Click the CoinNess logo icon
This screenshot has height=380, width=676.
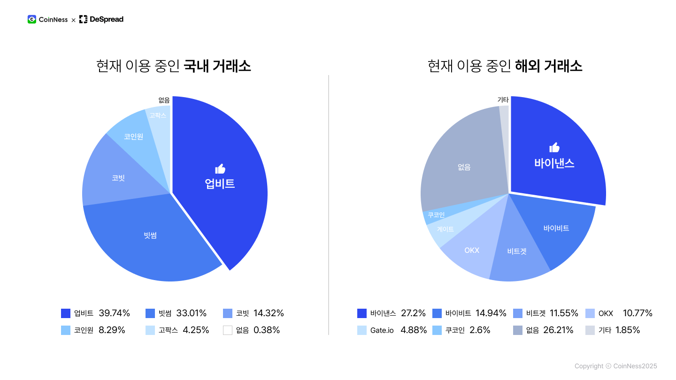32,19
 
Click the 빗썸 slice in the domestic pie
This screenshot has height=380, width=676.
150,236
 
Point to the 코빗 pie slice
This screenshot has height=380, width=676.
118,178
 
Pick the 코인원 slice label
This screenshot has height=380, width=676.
133,137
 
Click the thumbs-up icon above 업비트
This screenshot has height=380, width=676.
220,169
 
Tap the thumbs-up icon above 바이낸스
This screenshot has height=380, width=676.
554,147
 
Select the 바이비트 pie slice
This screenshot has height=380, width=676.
556,228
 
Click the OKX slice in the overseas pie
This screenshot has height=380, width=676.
472,251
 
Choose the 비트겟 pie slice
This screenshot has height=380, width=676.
517,251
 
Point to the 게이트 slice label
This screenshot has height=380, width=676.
446,229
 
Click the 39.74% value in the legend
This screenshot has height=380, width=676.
114,313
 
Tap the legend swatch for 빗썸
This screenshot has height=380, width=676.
150,313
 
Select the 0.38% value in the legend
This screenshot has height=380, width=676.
267,330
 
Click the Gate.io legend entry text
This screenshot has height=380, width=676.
382,330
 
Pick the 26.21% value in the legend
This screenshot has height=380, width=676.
558,330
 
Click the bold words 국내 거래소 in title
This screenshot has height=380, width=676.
217,66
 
